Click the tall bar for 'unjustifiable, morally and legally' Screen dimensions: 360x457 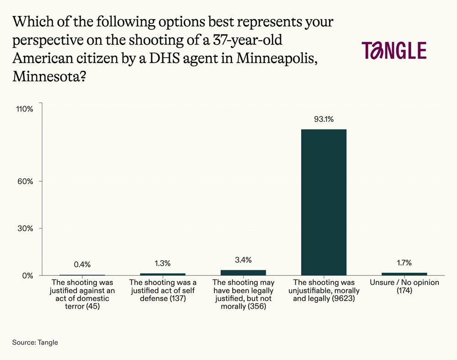[x=324, y=202]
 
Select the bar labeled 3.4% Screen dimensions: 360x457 [x=243, y=273]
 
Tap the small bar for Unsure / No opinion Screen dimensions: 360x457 [x=404, y=274]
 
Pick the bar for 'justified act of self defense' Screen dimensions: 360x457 [x=163, y=274]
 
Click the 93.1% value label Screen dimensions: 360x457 [x=324, y=120]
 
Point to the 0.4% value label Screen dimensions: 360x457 [x=82, y=264]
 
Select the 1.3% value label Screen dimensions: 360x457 [x=163, y=263]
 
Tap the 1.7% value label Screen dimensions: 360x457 [x=404, y=263]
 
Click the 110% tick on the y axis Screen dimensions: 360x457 [x=24, y=109]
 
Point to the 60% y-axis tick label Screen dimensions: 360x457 [x=26, y=181]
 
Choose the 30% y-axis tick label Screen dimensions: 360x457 [x=26, y=228]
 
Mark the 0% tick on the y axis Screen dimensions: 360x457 [x=27, y=275]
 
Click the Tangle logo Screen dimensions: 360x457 [x=394, y=50]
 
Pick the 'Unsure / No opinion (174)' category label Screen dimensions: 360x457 [x=404, y=286]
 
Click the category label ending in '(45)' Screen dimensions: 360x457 [x=82, y=295]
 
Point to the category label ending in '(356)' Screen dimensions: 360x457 [x=243, y=295]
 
